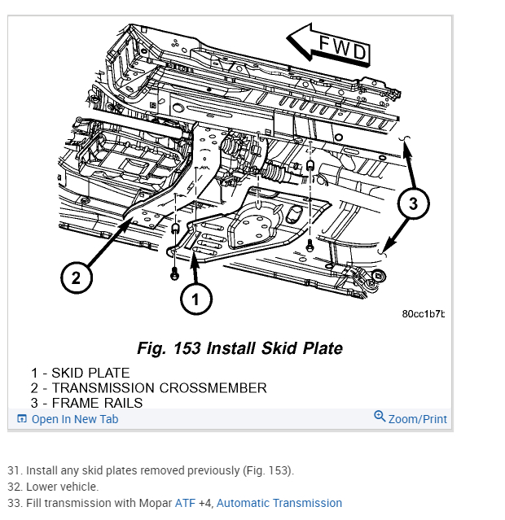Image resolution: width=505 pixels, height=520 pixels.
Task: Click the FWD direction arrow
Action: (x=331, y=46)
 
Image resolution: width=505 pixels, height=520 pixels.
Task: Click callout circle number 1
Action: (x=195, y=299)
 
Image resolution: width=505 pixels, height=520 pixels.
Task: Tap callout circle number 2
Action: (x=76, y=278)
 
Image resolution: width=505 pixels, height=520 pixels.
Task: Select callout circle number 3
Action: (x=413, y=203)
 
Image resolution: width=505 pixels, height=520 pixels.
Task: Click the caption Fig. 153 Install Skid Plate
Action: (x=239, y=348)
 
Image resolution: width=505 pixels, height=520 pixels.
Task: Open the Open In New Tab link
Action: (x=74, y=419)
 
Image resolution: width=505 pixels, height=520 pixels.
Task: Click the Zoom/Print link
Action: (x=417, y=419)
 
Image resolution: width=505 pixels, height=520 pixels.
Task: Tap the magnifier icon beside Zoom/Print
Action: (x=380, y=417)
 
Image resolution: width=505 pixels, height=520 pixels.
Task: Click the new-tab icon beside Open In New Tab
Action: (x=22, y=419)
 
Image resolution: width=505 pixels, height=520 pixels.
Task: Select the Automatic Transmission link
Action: (x=279, y=503)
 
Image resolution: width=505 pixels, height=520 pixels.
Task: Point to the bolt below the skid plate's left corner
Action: (x=173, y=274)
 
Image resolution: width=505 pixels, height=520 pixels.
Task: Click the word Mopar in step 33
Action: (x=153, y=503)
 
